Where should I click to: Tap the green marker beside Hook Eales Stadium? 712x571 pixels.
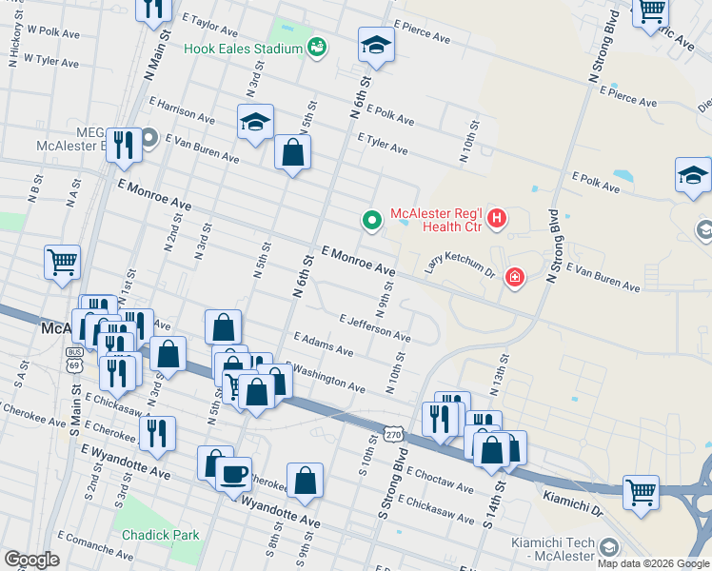pos(317,47)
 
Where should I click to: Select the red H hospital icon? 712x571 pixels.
pos(496,220)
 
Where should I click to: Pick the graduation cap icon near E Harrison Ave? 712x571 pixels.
pos(255,122)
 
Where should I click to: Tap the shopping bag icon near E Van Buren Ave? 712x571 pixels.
pos(292,152)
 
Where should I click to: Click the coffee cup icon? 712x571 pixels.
pos(234,472)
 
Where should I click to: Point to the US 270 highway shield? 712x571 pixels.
pos(393,435)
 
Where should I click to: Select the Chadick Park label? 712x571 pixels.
pos(161,535)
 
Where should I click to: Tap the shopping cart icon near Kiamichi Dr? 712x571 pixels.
pos(642,493)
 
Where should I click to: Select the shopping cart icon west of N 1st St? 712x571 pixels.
pos(62,261)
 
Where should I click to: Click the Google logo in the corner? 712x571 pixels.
pos(31,559)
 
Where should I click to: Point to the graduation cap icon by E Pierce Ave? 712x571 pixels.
pos(376,44)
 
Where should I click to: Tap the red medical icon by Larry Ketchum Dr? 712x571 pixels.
pos(515,277)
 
